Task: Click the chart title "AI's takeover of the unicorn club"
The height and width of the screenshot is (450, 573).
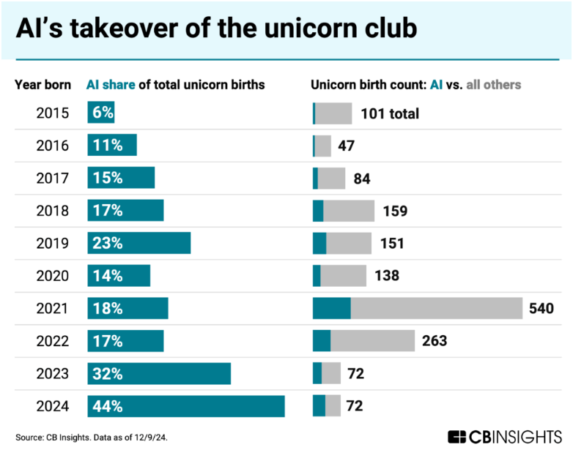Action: pos(217,29)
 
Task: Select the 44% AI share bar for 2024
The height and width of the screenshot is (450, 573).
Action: pos(185,406)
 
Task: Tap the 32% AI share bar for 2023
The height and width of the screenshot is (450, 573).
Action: pos(159,373)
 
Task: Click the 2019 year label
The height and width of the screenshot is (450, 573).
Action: pos(53,244)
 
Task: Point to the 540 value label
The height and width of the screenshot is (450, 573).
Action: pos(541,309)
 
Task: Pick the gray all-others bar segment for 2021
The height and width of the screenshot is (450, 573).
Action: pos(436,309)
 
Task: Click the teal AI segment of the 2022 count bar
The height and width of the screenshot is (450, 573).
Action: pos(322,341)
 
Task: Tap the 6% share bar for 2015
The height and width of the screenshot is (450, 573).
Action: pos(100,113)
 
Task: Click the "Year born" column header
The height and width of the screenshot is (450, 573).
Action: pos(43,85)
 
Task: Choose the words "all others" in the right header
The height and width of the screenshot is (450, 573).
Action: pos(492,85)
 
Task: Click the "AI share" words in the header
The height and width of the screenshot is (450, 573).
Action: pos(111,85)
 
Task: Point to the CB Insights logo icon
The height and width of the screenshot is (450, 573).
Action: pos(457,437)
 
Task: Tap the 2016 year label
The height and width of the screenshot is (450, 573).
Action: pos(53,146)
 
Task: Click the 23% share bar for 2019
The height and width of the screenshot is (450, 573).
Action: pos(139,244)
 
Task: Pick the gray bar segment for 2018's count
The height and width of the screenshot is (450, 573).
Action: pos(349,211)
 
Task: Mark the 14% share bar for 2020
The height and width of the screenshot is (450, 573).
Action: pos(119,276)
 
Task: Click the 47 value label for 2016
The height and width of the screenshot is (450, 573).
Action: pos(347,146)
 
